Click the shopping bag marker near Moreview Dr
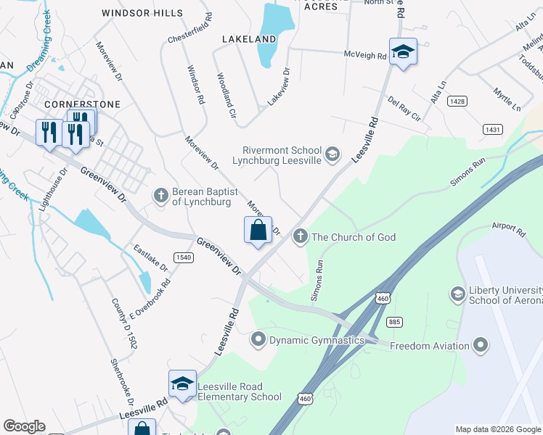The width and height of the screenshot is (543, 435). point(258,232)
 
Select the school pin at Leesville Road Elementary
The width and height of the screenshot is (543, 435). point(182,385)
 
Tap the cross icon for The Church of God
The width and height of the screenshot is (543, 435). point(301,236)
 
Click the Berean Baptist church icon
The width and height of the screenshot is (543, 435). point(160,194)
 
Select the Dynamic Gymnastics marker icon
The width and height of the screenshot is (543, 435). point(258,339)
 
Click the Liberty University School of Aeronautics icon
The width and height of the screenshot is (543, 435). point(458,294)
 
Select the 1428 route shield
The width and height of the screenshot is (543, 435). point(457,102)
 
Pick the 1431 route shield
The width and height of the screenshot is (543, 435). point(492,128)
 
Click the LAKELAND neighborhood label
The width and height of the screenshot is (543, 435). point(250,38)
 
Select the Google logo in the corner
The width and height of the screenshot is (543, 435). point(24,426)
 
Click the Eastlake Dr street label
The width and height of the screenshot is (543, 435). point(150,258)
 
